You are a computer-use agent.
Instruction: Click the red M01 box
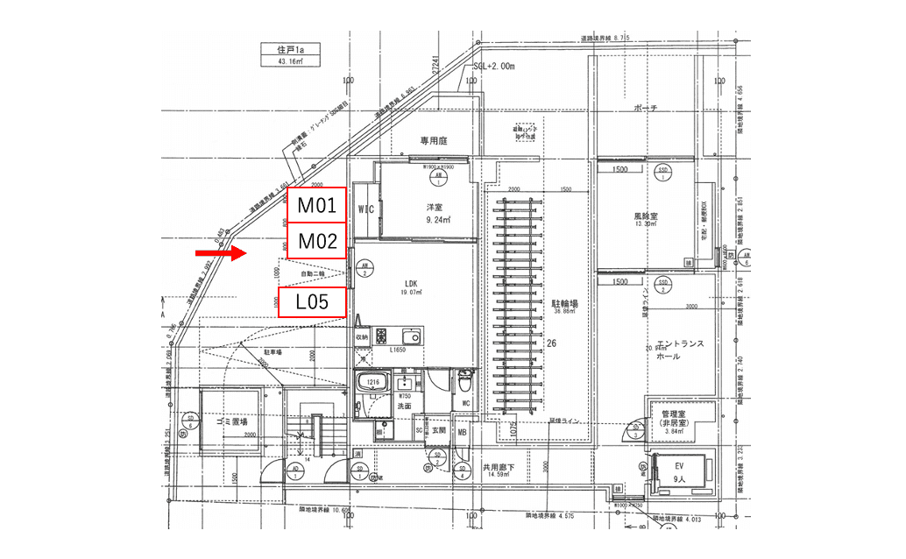coord(317,207)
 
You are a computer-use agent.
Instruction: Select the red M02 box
coord(317,241)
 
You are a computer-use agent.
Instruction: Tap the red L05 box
coord(311,302)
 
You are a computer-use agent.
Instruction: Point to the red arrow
coord(219,254)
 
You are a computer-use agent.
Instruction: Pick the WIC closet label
coord(366,209)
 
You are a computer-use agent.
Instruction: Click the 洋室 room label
coord(435,209)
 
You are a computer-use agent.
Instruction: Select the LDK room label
coord(411,284)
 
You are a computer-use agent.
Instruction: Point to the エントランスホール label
coord(680,350)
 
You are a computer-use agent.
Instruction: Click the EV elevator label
coord(678,467)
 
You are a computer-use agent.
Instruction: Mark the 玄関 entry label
coord(438,430)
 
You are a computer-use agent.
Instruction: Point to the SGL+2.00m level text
coord(493,67)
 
